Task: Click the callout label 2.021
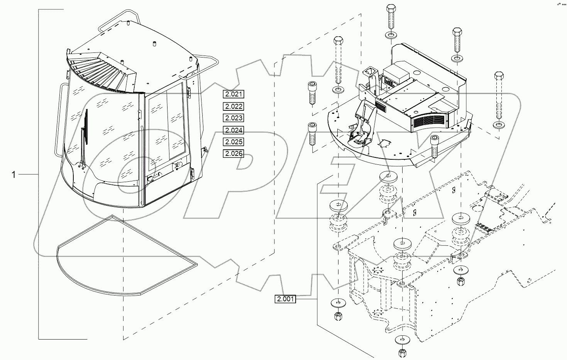[x=234, y=94]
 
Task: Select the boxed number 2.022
[x=234, y=106]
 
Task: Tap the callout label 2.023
[x=234, y=118]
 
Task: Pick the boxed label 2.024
[x=234, y=130]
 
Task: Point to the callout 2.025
[x=234, y=142]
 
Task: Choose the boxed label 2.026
[x=234, y=154]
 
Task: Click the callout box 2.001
[x=285, y=299]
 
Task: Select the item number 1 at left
[x=14, y=175]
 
